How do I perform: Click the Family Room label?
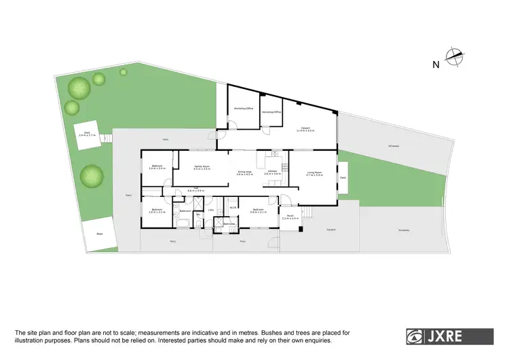coord(202,167)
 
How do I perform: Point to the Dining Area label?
coord(244,173)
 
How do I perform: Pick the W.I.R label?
coord(233,208)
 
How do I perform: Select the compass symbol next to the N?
coord(454,58)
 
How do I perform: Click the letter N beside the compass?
coord(435,65)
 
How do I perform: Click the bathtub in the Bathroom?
coord(184,222)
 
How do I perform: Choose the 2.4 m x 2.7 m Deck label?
coord(87,134)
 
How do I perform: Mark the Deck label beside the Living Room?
coord(343,177)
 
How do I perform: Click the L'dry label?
coord(211,211)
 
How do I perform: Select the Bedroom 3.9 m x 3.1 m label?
coord(258,211)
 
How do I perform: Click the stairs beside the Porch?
coord(306,213)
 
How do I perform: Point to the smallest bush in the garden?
coord(124,71)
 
